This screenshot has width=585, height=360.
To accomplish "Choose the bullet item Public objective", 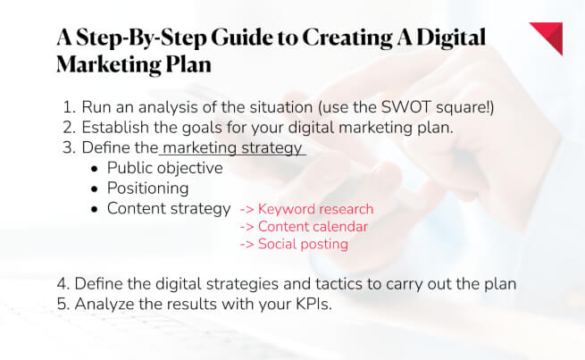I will tap(164, 168).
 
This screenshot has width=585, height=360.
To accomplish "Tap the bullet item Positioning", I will tap(147, 188).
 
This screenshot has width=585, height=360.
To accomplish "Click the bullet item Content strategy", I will tap(169, 209).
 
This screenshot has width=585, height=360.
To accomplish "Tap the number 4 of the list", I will tap(62, 283).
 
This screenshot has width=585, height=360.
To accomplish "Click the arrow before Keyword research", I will tap(247, 210).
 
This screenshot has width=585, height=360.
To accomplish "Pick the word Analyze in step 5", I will tap(104, 303).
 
